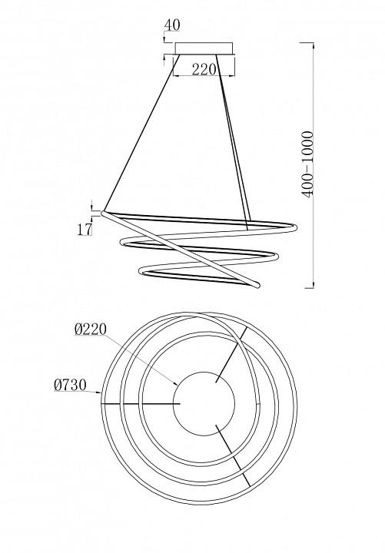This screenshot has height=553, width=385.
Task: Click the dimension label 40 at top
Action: pyautogui.click(x=172, y=25)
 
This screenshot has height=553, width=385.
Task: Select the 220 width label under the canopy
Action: pyautogui.click(x=204, y=69)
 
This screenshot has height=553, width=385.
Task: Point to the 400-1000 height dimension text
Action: pyautogui.click(x=307, y=164)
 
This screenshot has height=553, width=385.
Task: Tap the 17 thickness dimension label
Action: pyautogui.click(x=85, y=229)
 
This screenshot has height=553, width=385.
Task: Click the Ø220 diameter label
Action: pyautogui.click(x=91, y=329)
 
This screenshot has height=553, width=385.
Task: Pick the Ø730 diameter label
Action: pyautogui.click(x=70, y=385)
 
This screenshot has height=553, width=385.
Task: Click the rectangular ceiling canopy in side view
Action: pyautogui.click(x=204, y=48)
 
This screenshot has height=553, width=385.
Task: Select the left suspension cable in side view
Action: pyautogui.click(x=142, y=133)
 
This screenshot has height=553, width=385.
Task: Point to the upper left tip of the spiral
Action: pyautogui.click(x=104, y=214)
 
